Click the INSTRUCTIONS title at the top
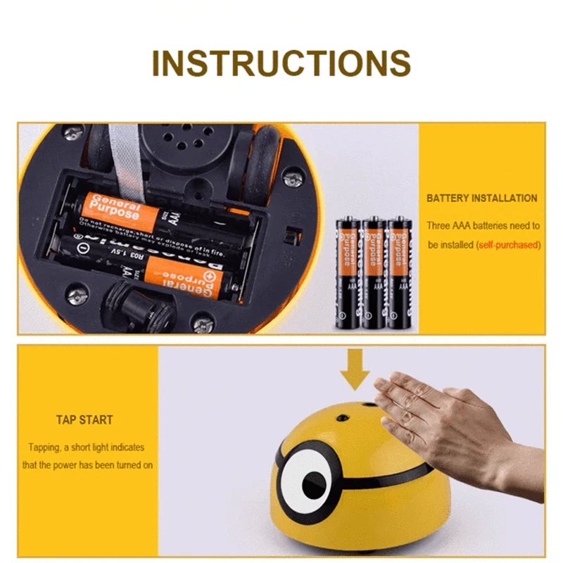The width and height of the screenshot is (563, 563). pos(281,63)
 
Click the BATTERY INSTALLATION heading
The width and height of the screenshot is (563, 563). pos(481,198)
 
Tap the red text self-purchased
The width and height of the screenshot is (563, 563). pos(508,245)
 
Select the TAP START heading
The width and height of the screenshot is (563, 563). pos(84,420)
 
